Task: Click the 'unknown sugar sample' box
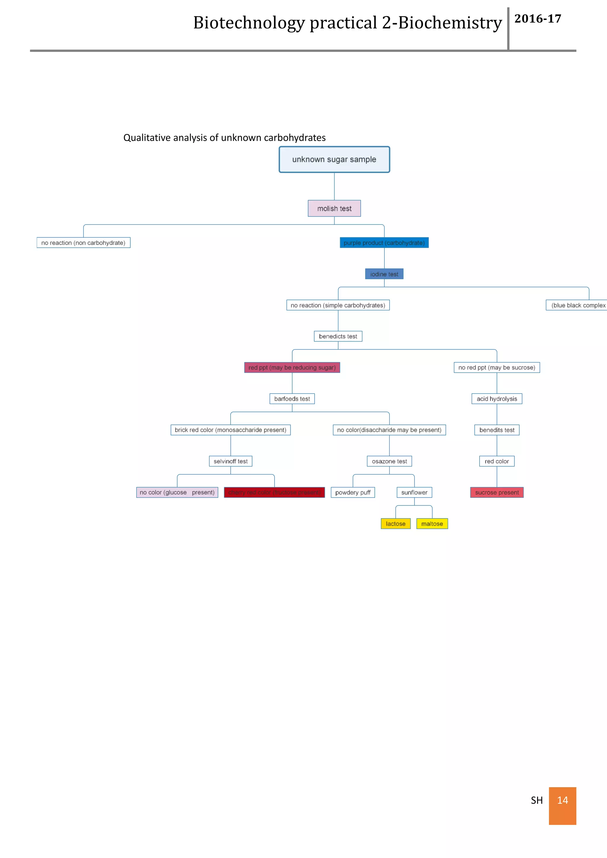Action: (334, 160)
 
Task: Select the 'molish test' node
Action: (334, 209)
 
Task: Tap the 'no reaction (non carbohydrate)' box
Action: (83, 243)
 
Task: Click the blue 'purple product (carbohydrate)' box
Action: (384, 243)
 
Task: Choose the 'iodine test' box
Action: (384, 274)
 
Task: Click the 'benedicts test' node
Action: (338, 336)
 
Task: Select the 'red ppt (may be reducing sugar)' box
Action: (292, 368)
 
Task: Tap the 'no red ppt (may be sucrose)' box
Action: (496, 368)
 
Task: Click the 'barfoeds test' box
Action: (292, 399)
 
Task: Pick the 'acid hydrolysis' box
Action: (496, 399)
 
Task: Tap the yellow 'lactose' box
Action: (395, 524)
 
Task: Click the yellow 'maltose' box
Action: (432, 524)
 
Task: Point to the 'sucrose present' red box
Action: (496, 492)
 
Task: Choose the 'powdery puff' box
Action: (352, 492)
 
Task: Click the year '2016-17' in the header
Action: (537, 19)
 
